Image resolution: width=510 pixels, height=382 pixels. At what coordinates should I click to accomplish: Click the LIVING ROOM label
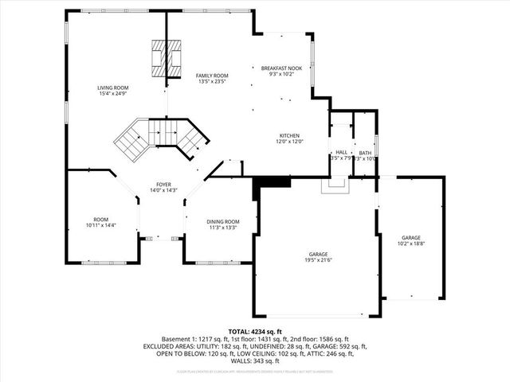pyautogui.click(x=113, y=88)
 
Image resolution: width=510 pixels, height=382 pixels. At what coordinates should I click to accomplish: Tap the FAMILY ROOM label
pyautogui.click(x=212, y=75)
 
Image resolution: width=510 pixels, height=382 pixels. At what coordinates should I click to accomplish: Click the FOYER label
pyautogui.click(x=163, y=184)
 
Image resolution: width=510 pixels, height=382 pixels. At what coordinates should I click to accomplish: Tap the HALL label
pyautogui.click(x=341, y=152)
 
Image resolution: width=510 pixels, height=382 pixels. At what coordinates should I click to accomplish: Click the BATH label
pyautogui.click(x=365, y=152)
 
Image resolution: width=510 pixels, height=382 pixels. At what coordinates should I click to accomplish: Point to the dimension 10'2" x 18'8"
pyautogui.click(x=411, y=244)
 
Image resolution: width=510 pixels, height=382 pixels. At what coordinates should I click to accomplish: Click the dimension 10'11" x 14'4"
pyautogui.click(x=100, y=226)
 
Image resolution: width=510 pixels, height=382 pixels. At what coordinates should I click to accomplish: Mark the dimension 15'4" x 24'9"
pyautogui.click(x=113, y=94)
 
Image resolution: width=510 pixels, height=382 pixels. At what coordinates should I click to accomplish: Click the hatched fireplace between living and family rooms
pyautogui.click(x=167, y=57)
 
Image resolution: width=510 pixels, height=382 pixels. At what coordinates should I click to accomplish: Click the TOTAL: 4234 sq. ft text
pyautogui.click(x=255, y=331)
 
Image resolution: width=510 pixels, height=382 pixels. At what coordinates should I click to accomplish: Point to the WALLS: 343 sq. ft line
pyautogui.click(x=255, y=362)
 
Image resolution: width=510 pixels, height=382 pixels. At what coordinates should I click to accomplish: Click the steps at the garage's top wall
pyautogui.click(x=335, y=186)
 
